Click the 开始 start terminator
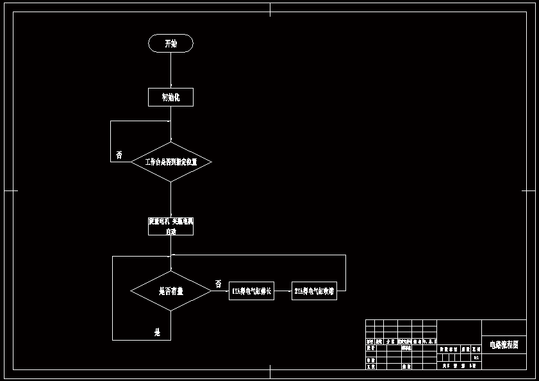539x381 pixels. click(170, 44)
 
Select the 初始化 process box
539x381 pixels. click(170, 97)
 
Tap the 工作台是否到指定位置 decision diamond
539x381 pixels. click(171, 162)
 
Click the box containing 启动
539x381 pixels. click(170, 226)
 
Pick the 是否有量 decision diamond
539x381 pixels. click(171, 291)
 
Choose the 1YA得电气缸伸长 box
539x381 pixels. click(251, 291)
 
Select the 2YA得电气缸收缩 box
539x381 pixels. click(314, 291)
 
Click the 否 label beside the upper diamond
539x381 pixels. click(119, 155)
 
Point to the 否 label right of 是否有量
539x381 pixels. click(219, 284)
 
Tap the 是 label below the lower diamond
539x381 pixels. click(157, 332)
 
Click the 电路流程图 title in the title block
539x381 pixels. click(504, 345)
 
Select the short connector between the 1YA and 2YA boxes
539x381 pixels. click(283, 291)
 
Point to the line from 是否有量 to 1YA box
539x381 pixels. click(220, 291)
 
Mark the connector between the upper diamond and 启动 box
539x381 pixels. click(170, 199)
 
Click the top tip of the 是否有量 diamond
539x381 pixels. click(171, 271)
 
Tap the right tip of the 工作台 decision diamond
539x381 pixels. click(211, 162)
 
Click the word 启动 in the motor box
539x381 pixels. click(170, 231)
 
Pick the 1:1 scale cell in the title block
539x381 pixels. click(476, 357)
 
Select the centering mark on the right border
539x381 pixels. click(527, 190)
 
